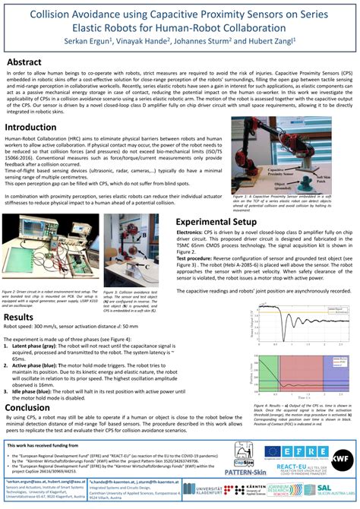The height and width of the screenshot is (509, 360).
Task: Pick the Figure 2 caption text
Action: pos(49,301)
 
